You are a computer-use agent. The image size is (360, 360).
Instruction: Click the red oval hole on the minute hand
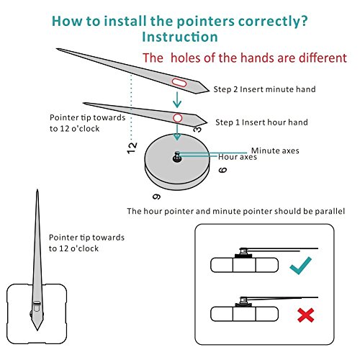pyautogui.click(x=179, y=82)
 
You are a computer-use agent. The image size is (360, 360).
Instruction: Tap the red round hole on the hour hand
pyautogui.click(x=178, y=118)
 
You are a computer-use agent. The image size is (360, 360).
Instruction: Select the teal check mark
pyautogui.click(x=300, y=265)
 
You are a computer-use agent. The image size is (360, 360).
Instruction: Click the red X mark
pyautogui.click(x=305, y=315)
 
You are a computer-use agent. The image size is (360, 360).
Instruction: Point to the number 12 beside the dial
pyautogui.click(x=132, y=148)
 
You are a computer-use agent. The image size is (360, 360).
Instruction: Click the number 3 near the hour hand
pyautogui.click(x=197, y=130)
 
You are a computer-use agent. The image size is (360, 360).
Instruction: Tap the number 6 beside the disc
pyautogui.click(x=222, y=170)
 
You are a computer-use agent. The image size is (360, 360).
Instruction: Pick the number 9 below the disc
pyautogui.click(x=157, y=197)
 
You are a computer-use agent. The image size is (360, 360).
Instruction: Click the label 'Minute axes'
pyautogui.click(x=275, y=150)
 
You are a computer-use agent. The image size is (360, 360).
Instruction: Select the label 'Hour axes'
pyautogui.click(x=238, y=157)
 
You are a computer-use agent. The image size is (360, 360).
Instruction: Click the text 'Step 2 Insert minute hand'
pyautogui.click(x=264, y=89)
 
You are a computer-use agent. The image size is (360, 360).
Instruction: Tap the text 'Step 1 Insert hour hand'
pyautogui.click(x=261, y=122)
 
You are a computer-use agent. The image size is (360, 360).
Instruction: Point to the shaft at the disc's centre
pyautogui.click(x=177, y=157)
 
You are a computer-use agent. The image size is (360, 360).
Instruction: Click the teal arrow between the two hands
pyautogui.click(x=177, y=99)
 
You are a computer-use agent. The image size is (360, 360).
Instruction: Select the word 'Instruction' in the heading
pyautogui.click(x=180, y=37)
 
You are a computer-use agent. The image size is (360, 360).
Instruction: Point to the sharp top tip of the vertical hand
pyautogui.click(x=37, y=189)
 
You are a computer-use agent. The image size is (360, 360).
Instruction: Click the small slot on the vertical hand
pyautogui.click(x=37, y=303)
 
